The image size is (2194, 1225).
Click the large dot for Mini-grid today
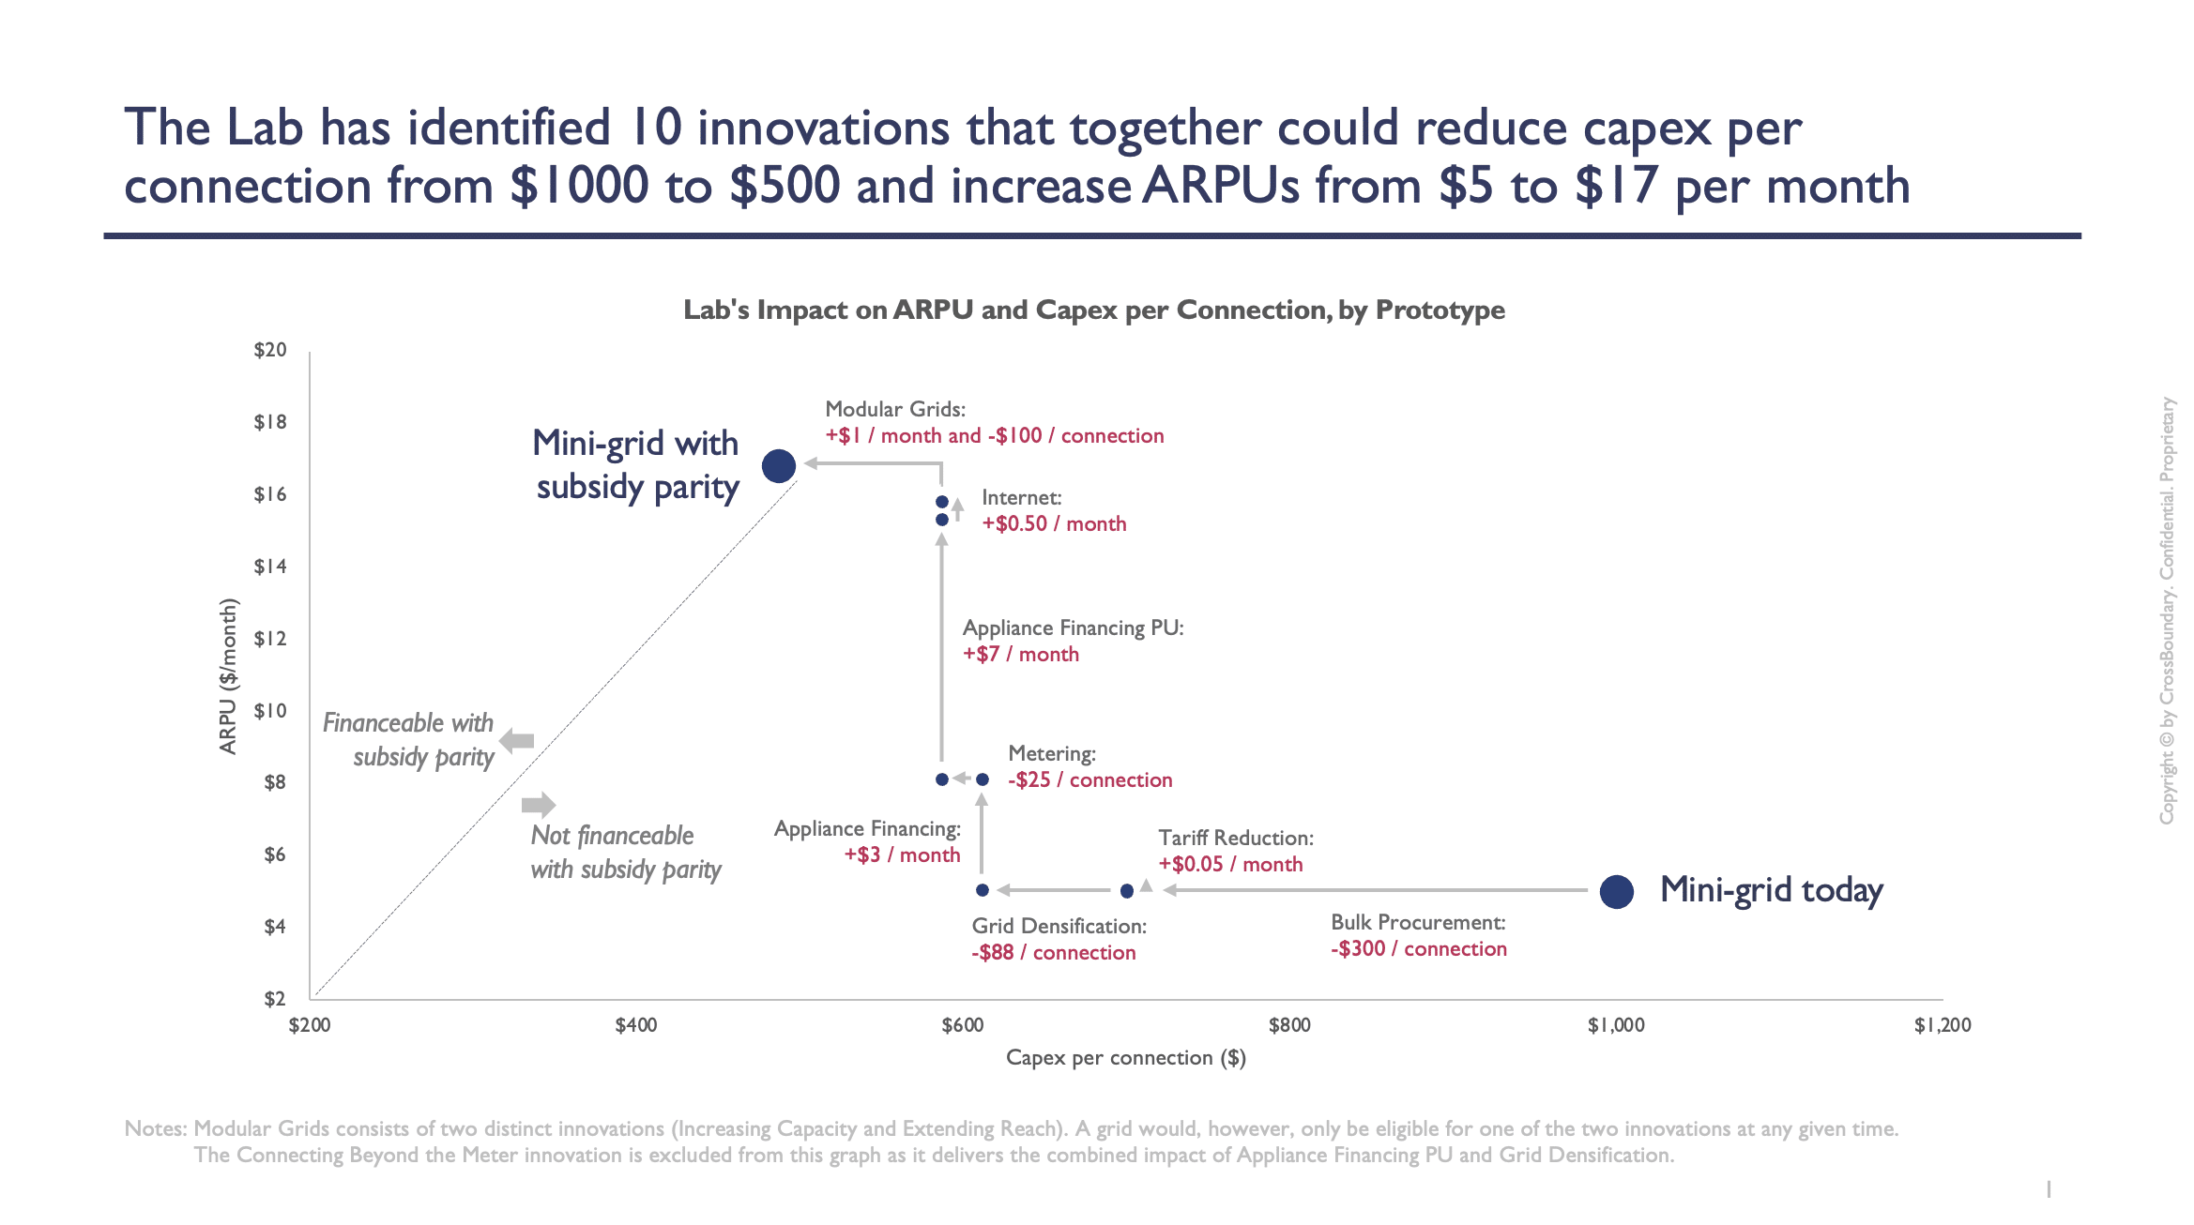point(1616,891)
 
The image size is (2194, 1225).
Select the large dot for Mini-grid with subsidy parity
point(778,465)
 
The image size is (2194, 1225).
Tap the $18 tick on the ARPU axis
point(270,422)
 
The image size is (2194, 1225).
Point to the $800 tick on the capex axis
point(1289,1025)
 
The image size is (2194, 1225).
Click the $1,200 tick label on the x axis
point(1942,1025)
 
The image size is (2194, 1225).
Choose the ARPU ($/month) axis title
point(228,675)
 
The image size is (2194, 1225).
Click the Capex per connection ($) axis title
point(1125,1058)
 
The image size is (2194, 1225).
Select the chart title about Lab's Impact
point(1093,310)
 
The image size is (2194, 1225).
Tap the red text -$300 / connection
point(1418,949)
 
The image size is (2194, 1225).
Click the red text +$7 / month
point(1020,655)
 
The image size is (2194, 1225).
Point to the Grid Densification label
point(1059,926)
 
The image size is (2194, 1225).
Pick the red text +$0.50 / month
point(1053,524)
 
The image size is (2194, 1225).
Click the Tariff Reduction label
point(1235,838)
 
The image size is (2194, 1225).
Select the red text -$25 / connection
point(1089,780)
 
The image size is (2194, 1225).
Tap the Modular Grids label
point(894,409)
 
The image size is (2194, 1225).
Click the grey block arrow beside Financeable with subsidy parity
point(517,741)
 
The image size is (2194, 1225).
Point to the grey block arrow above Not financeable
point(539,804)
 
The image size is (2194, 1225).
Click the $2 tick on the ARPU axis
point(274,999)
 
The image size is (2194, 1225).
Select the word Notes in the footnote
point(155,1128)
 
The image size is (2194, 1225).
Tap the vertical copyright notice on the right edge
point(2167,610)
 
